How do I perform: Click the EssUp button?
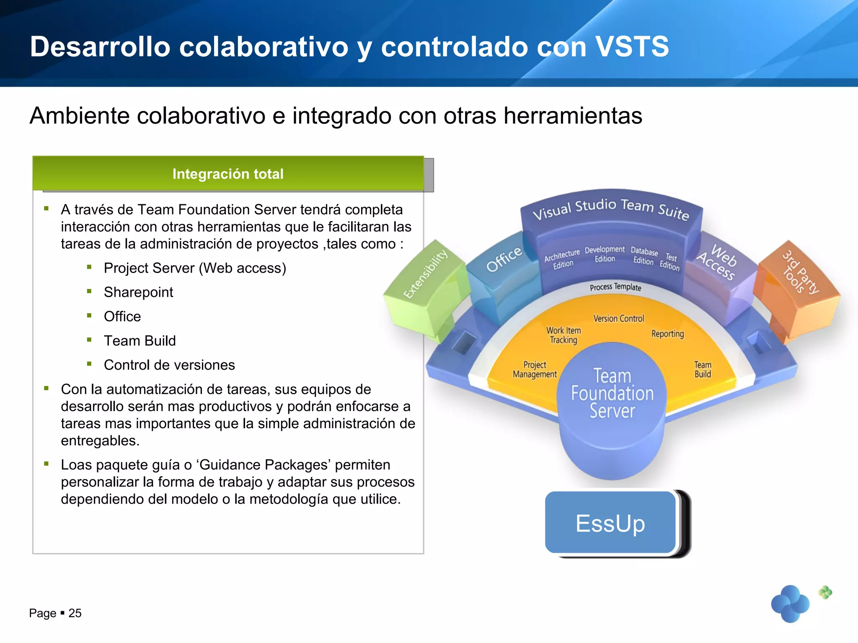pos(610,523)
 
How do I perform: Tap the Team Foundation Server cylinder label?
pos(612,394)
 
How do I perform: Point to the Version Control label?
pos(618,319)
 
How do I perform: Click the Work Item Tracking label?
pos(563,335)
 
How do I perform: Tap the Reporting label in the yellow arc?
pos(667,334)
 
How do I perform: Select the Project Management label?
pos(535,369)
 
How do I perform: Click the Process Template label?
pos(615,287)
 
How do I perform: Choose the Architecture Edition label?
pos(562,259)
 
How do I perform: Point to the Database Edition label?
pos(644,256)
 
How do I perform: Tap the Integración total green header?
pos(228,174)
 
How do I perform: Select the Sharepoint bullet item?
pos(138,292)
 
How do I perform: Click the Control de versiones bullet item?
pos(169,365)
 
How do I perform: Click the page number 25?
pos(75,613)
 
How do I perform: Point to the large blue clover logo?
pos(790,604)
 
